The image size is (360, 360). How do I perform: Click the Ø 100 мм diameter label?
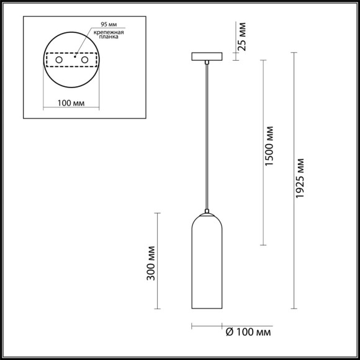248,333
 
